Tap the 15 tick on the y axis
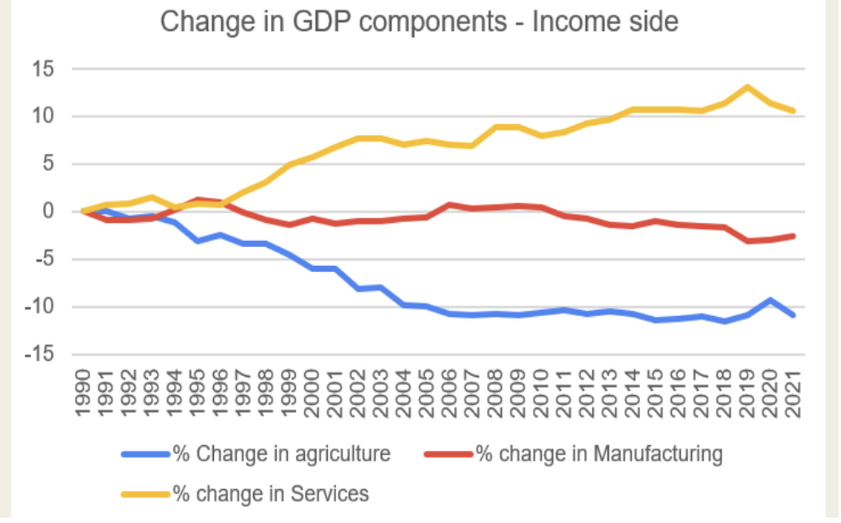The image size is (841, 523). tap(43, 70)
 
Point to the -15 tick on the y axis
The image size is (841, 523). tap(39, 355)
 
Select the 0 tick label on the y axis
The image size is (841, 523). tap(48, 212)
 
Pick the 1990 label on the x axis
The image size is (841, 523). tap(83, 392)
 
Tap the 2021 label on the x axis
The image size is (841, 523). tap(793, 392)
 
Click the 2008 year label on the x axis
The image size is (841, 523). tap(495, 392)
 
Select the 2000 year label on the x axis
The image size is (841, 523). tap(312, 392)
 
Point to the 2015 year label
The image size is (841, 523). tap(655, 392)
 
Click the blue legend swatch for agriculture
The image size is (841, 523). tap(146, 455)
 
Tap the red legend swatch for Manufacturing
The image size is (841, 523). tap(448, 455)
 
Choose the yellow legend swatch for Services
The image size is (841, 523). tap(146, 494)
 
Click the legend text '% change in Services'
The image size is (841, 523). tap(271, 494)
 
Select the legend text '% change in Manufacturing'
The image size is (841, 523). tap(599, 455)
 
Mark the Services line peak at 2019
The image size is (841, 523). tap(748, 87)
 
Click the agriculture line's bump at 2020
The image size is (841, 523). tap(770, 300)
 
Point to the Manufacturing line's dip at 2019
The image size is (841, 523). tap(748, 241)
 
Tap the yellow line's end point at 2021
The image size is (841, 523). tap(793, 111)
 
